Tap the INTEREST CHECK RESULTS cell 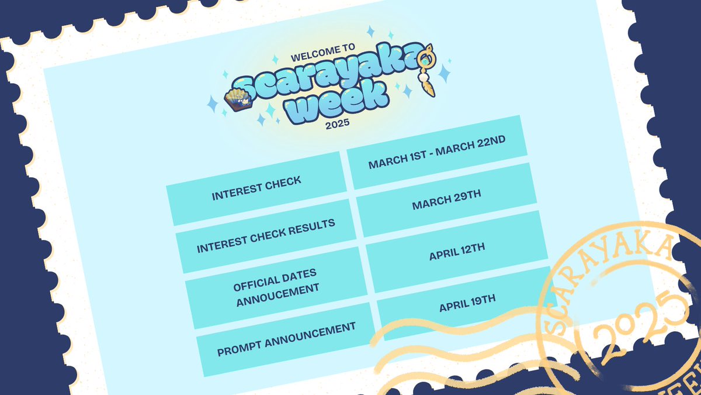pyautogui.click(x=266, y=236)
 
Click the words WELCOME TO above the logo pyautogui.click(x=322, y=55)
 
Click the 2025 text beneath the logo pyautogui.click(x=337, y=124)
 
